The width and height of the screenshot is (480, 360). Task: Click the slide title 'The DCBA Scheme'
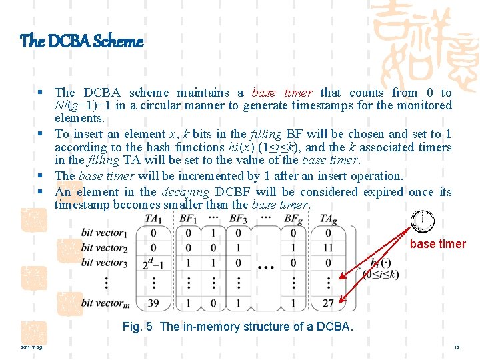(x=82, y=41)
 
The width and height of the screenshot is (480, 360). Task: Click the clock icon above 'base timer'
(x=423, y=221)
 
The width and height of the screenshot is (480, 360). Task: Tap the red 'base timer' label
(x=437, y=244)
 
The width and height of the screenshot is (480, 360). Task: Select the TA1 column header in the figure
(x=153, y=219)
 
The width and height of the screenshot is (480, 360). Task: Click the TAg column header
(x=328, y=219)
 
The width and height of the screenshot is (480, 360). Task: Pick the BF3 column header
(x=239, y=219)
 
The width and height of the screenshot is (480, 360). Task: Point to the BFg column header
(x=293, y=219)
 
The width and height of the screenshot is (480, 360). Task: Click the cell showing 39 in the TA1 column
(x=154, y=303)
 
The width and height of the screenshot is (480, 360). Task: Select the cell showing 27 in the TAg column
(x=328, y=303)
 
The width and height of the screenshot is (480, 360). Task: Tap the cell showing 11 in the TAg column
(x=328, y=248)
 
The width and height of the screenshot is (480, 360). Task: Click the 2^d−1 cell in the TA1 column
(x=154, y=263)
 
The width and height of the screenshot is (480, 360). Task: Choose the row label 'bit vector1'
(x=103, y=233)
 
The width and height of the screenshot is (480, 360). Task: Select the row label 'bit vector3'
(x=103, y=263)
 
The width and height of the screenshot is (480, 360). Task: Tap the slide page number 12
(x=457, y=347)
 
